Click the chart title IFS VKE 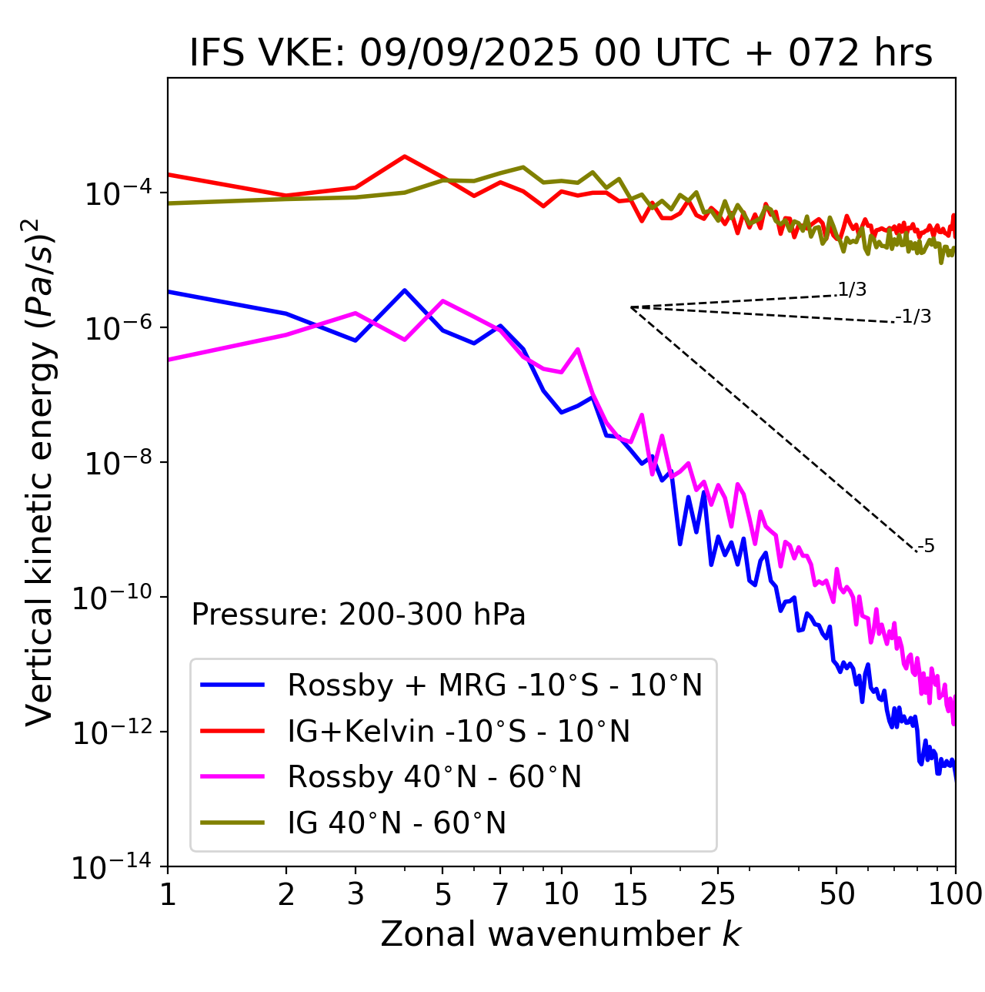560,54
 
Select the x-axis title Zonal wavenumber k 560,933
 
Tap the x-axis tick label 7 500,893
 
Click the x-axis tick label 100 954,893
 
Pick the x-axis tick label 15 630,893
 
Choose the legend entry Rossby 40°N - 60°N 434,777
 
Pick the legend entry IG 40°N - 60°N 396,823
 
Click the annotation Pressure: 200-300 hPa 358,615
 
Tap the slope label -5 927,546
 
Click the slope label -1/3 914,317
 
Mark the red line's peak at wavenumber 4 405,156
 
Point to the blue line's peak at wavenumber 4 405,290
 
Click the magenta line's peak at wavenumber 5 442,300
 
